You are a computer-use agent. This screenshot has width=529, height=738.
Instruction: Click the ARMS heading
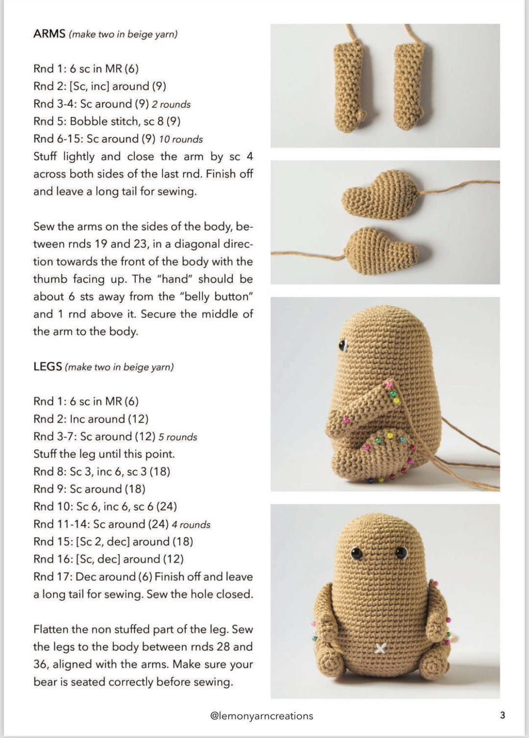(49, 34)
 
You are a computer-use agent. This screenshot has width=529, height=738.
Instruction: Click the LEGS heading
(48, 366)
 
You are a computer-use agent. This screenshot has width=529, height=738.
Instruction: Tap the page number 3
(502, 715)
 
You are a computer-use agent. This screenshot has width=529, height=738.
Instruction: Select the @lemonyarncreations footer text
(262, 715)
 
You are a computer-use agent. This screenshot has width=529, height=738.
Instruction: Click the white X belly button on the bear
(380, 648)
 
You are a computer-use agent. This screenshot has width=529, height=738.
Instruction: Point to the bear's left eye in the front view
(357, 554)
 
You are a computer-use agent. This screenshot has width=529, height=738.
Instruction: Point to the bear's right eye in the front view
(402, 553)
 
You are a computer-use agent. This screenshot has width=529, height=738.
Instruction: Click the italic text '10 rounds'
(181, 140)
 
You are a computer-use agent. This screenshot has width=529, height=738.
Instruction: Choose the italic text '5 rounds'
(177, 437)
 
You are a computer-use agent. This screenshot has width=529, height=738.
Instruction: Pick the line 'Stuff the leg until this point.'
(104, 454)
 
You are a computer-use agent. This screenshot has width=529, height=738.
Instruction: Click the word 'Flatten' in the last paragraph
(51, 629)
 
